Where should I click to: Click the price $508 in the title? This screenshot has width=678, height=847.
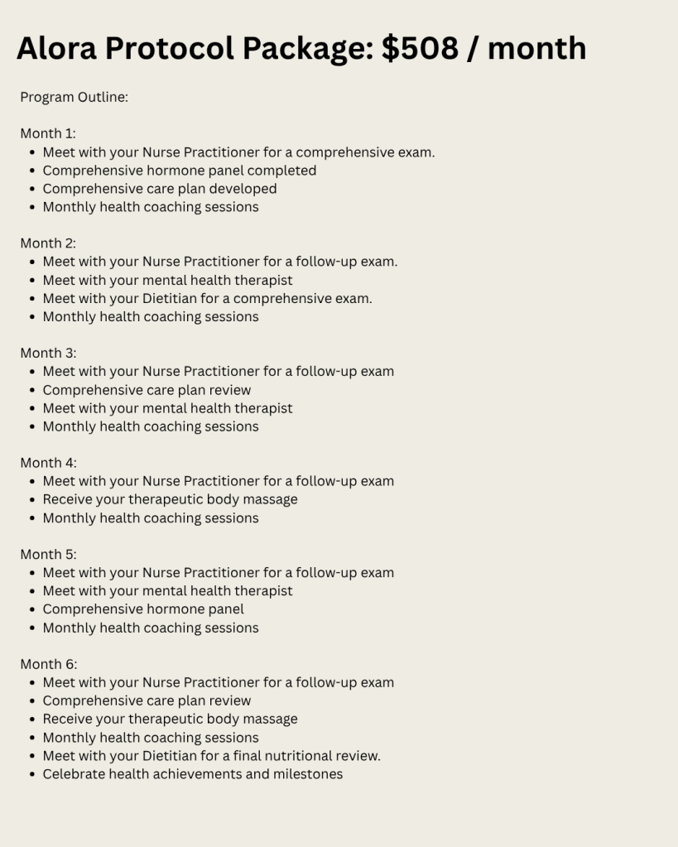420,48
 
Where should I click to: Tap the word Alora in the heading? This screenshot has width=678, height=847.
55,48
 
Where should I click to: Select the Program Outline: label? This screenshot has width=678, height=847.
74,97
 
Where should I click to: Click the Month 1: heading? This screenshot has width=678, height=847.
48,133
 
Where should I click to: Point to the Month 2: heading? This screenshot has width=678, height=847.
48,243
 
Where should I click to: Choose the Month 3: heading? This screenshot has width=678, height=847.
48,353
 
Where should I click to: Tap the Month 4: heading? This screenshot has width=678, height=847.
48,463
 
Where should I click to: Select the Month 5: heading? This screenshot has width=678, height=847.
48,554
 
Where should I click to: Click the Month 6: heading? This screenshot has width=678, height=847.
48,664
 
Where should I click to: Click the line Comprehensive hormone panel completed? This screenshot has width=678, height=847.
179,171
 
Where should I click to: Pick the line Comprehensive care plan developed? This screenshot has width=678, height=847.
160,189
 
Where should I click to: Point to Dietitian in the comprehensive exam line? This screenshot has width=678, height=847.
169,298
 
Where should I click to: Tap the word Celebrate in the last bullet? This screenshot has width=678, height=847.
73,774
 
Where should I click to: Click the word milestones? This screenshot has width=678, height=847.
308,774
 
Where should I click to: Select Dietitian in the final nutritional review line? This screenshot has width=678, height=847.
169,756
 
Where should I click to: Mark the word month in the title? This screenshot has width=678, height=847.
536,48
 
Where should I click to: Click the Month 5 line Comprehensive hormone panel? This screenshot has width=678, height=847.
143,609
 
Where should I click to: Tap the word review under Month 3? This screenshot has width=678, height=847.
228,390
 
